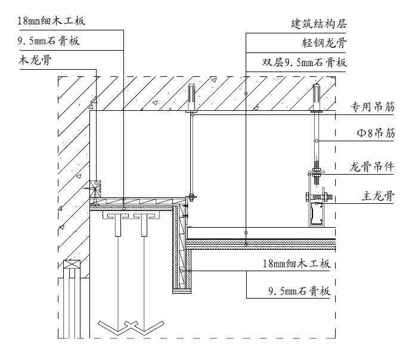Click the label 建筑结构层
point(318,24)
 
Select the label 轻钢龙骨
point(324,43)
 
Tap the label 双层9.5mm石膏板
point(304,63)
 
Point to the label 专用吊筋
point(372,107)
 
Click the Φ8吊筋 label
point(376,133)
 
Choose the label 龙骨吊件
point(372,167)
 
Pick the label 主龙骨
point(378,196)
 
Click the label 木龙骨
point(35,60)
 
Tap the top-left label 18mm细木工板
point(51,20)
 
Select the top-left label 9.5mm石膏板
point(49,41)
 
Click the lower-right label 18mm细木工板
point(296,263)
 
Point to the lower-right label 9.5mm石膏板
point(299,291)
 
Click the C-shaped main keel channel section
point(317,214)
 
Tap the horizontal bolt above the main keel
point(319,197)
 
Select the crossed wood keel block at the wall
point(95,188)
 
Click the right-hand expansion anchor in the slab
point(317,98)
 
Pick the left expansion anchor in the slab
point(191,98)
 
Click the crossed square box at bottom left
point(72,264)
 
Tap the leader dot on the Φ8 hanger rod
point(317,141)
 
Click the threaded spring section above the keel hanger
point(317,166)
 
